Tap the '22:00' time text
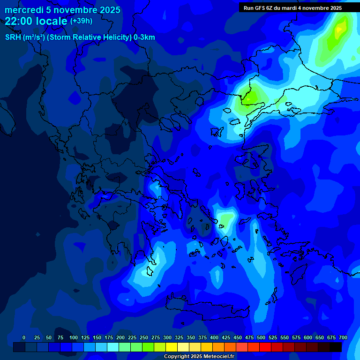tap(18, 21)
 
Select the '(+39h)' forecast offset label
tap(81, 21)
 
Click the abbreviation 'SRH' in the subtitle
tap(13, 37)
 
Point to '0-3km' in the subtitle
tap(144, 37)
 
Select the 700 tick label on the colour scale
tap(343, 337)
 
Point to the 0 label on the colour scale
tap(24, 337)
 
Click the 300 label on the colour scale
tap(167, 337)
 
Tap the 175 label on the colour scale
tap(109, 337)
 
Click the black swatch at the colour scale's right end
tap(336, 347)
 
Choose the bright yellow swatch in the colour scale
tap(172, 347)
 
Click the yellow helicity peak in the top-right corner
tap(340, 29)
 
